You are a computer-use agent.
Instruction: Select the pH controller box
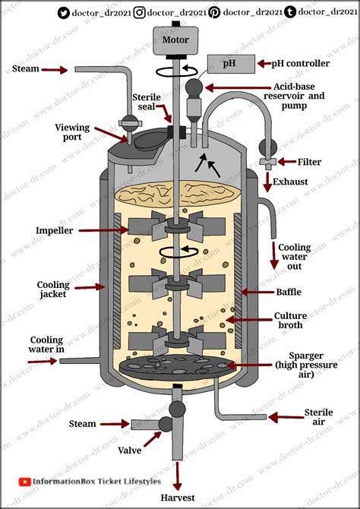pos(229,64)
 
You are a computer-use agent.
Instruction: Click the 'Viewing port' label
pos(74,133)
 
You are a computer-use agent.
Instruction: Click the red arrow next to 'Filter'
pos(289,161)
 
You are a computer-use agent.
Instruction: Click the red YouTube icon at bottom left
pos(24,481)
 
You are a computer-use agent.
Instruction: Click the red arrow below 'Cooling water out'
pos(273,258)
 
